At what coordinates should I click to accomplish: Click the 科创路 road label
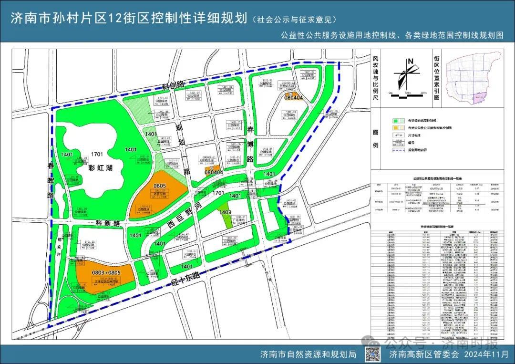click(173, 85)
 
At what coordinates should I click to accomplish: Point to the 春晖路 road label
click(51, 181)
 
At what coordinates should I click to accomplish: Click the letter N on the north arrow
click(410, 61)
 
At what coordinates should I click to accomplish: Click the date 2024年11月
click(485, 354)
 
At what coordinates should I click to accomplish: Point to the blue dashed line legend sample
click(397, 149)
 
